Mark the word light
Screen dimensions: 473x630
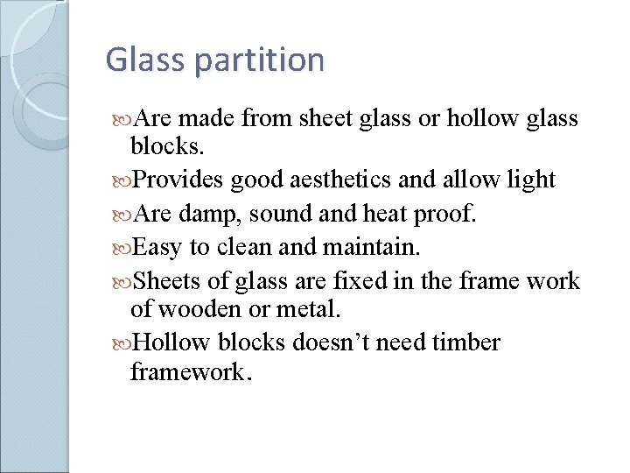pyautogui.click(x=531, y=180)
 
